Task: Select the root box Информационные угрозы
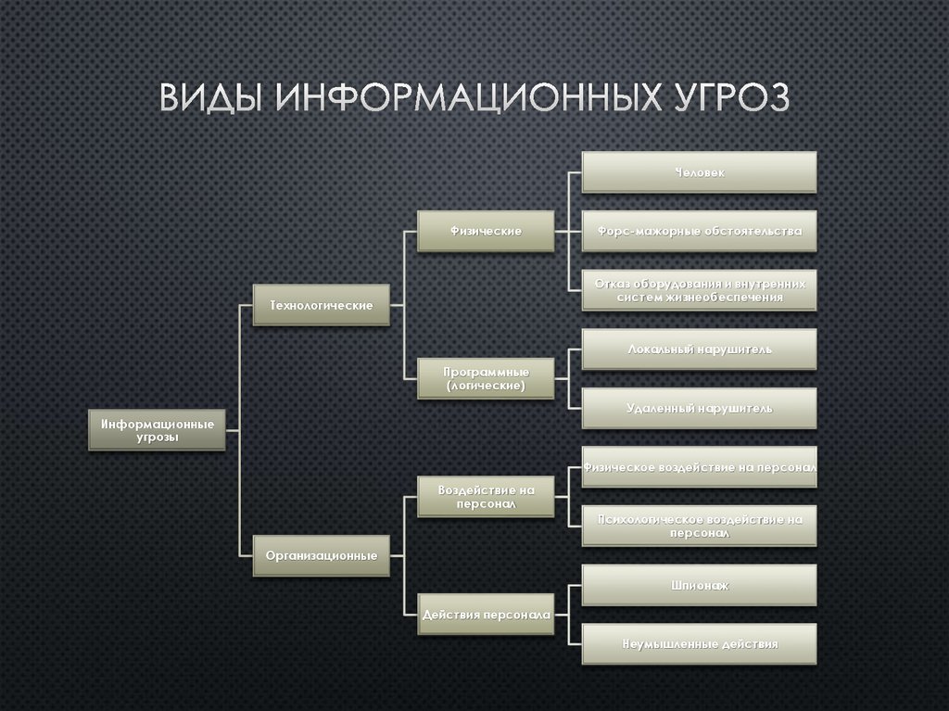[x=158, y=430]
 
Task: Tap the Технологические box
[x=321, y=304]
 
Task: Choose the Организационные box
[x=321, y=556]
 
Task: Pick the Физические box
[x=486, y=231]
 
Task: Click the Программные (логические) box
[x=486, y=378]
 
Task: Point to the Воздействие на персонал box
[x=486, y=496]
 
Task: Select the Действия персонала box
[x=486, y=615]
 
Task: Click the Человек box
[x=700, y=172]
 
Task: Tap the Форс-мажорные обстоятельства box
[x=700, y=231]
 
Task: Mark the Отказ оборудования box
[x=700, y=290]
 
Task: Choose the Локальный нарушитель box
[x=700, y=349]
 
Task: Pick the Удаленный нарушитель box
[x=700, y=408]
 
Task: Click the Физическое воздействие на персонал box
[x=700, y=468]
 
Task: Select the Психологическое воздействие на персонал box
[x=700, y=527]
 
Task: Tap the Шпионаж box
[x=700, y=585]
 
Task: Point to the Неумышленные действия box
[x=700, y=643]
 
